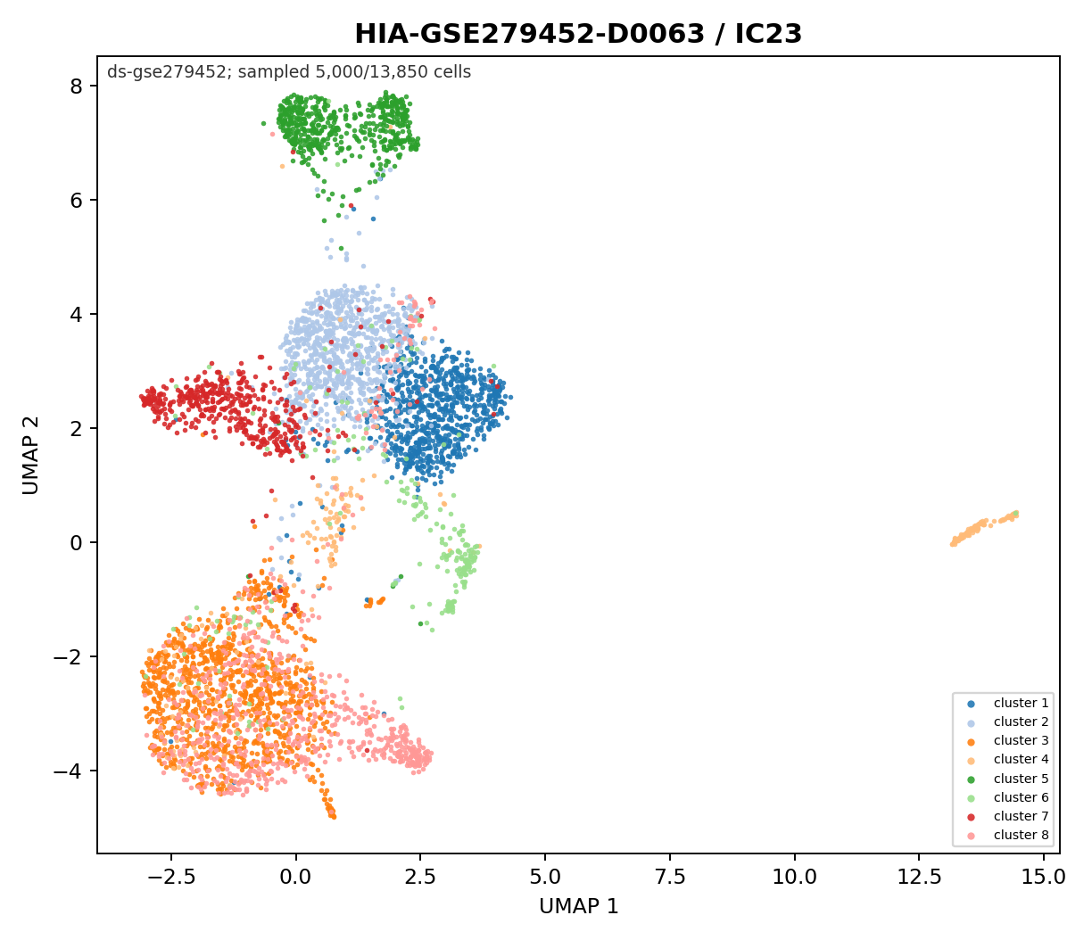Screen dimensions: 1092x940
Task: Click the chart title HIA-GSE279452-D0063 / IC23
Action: (578, 34)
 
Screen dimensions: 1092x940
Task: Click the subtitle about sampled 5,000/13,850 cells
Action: (289, 72)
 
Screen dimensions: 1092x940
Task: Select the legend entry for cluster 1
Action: (1008, 703)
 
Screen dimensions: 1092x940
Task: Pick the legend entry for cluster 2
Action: (1008, 721)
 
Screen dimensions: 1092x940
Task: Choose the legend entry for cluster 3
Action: (1008, 740)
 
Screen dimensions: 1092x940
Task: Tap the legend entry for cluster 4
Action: (1008, 759)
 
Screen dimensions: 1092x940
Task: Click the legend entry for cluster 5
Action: (1008, 779)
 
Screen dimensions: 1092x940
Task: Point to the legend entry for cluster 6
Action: (1008, 797)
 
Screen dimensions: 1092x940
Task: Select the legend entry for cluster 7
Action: (1008, 816)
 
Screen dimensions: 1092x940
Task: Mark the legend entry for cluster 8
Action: (1008, 835)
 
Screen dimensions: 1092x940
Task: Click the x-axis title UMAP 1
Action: (578, 906)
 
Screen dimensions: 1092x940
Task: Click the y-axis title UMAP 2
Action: (30, 456)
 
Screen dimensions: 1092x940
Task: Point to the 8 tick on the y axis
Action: (77, 86)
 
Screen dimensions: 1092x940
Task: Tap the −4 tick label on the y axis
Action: (68, 771)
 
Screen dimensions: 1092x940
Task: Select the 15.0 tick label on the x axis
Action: (1044, 878)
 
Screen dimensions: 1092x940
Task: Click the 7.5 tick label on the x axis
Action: (670, 878)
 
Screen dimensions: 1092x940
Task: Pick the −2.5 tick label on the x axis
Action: (171, 878)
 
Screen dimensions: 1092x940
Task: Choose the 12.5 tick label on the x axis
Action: (919, 878)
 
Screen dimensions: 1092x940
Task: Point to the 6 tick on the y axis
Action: (77, 200)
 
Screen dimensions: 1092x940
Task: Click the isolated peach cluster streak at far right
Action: (984, 528)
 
